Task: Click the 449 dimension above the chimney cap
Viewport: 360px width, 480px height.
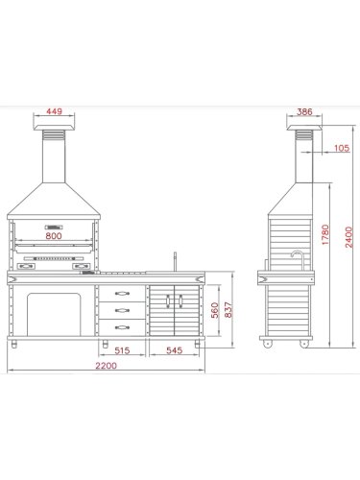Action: click(x=54, y=111)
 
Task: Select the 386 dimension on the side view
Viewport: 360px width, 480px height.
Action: click(x=304, y=111)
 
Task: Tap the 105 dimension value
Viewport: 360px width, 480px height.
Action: click(x=342, y=148)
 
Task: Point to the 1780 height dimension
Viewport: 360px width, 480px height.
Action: click(x=325, y=234)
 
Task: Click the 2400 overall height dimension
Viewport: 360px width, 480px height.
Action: click(x=348, y=237)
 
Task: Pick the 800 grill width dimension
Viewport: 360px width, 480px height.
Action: click(x=54, y=236)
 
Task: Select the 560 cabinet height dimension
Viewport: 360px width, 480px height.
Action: click(x=215, y=310)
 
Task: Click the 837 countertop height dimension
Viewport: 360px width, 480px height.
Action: click(x=228, y=309)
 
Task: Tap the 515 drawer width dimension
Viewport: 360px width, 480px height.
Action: click(x=122, y=350)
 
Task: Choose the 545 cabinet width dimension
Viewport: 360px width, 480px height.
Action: click(x=175, y=350)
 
